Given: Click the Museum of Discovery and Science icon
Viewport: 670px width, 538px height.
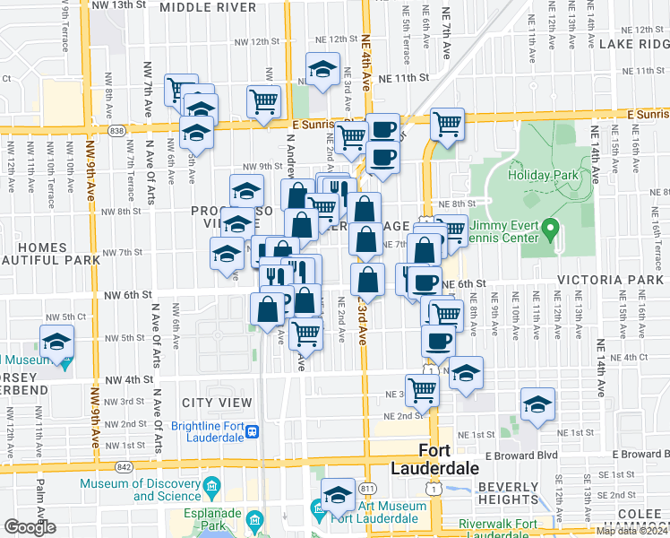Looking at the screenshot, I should [x=212, y=490].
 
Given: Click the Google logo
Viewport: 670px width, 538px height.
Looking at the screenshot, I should [x=30, y=527].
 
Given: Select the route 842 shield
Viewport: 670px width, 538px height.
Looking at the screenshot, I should [x=123, y=467].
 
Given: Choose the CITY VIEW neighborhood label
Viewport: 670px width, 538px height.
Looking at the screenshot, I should [x=210, y=403].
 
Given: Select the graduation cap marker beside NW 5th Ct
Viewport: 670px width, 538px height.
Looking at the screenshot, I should [x=57, y=343].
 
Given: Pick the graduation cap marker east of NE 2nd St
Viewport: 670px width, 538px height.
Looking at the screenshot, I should [x=537, y=404].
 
